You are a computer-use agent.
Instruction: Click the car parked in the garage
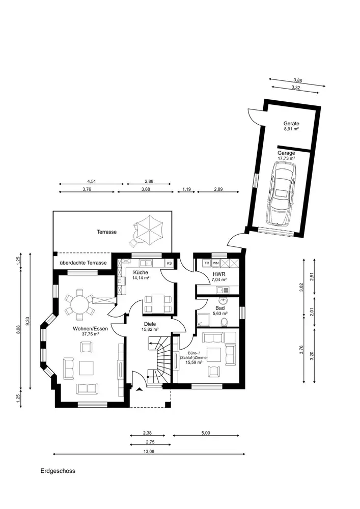tap(281, 193)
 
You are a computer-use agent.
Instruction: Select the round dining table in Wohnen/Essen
tap(80, 305)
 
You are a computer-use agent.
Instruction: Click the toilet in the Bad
tap(224, 322)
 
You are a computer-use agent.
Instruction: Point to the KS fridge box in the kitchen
tap(170, 263)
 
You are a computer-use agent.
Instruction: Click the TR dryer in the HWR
tap(207, 263)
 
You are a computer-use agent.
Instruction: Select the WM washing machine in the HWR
tap(216, 263)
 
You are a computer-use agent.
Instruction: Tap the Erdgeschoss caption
tap(58, 471)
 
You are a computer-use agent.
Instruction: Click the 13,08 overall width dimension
tap(149, 451)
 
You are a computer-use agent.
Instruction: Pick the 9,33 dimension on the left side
tap(28, 321)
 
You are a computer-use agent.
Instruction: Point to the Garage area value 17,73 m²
tap(286, 158)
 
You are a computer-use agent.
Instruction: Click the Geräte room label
tap(291, 124)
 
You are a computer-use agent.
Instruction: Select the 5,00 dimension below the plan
tap(206, 433)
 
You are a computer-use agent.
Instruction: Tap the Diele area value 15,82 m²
tap(150, 329)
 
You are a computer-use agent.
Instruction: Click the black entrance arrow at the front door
tap(140, 389)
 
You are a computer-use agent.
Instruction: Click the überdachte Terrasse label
tap(83, 263)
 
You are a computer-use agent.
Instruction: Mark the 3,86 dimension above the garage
tap(298, 80)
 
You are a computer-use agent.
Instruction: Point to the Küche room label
tap(141, 272)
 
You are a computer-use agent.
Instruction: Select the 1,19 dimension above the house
tap(186, 189)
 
